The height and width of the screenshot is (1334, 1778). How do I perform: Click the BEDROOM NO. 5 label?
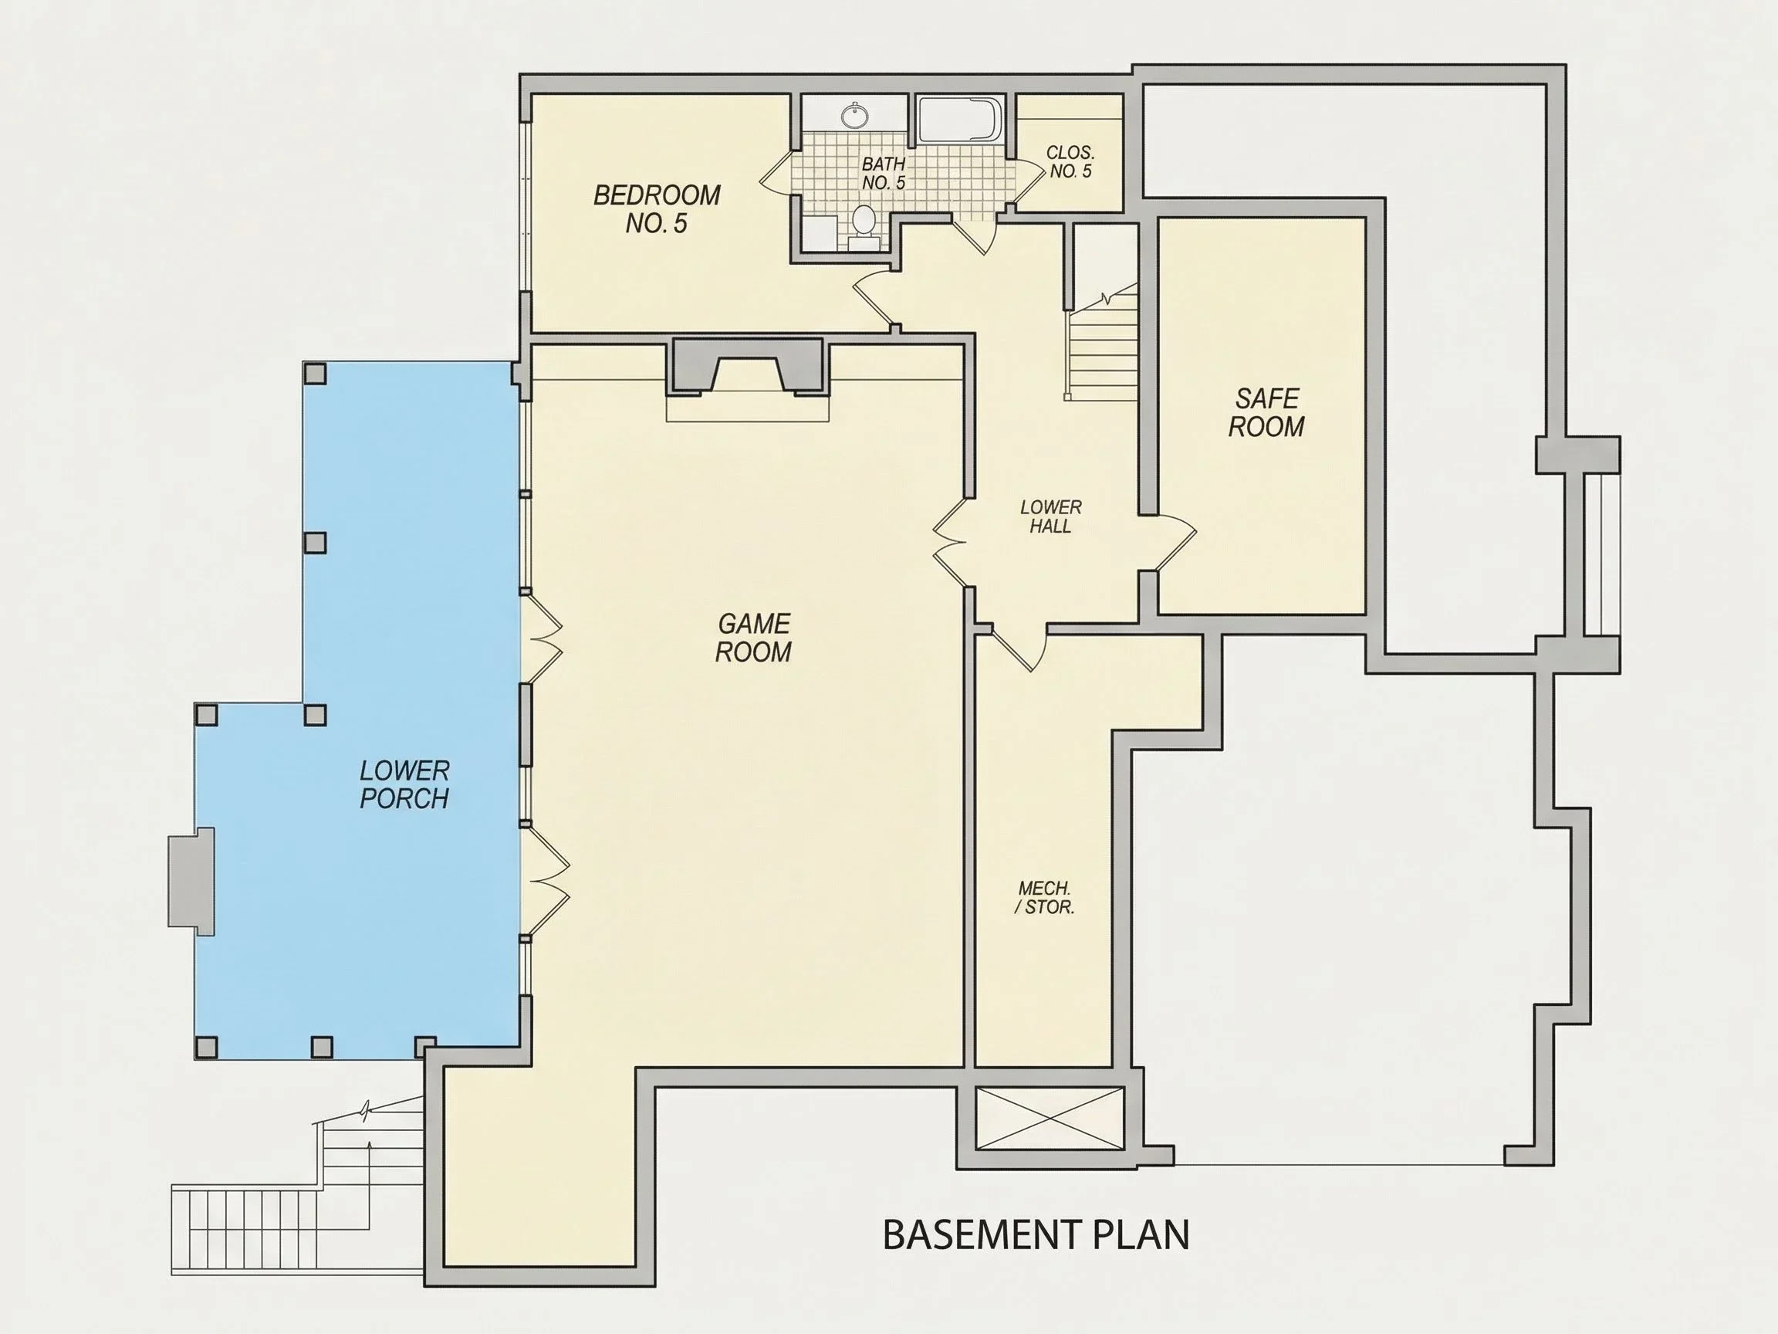(657, 209)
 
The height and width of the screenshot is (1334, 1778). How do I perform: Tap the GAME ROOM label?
(753, 638)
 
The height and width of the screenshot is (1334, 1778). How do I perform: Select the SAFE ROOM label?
(1266, 412)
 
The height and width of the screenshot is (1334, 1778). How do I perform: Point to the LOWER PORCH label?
(404, 785)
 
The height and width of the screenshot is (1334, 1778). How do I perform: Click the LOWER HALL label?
(1050, 517)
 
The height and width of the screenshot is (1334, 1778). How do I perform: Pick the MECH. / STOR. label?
(1044, 898)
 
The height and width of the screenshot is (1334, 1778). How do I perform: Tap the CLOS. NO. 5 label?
(1070, 161)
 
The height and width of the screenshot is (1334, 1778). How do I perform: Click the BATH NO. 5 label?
(884, 174)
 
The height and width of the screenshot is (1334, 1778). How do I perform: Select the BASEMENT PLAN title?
(1036, 1234)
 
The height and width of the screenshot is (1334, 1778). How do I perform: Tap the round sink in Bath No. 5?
(854, 116)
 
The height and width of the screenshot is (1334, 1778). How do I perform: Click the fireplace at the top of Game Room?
(748, 367)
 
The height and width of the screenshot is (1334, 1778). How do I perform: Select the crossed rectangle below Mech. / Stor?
(1049, 1119)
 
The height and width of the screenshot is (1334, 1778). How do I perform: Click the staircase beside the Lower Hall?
(1102, 342)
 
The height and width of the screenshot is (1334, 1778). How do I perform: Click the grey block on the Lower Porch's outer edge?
(191, 882)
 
